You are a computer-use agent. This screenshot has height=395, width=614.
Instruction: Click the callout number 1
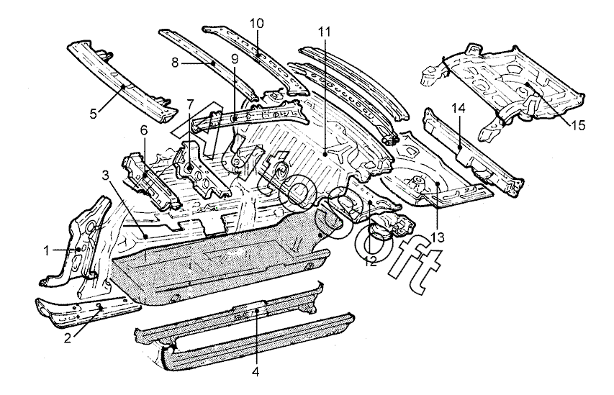click(47, 250)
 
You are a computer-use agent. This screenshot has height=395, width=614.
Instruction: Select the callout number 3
click(105, 176)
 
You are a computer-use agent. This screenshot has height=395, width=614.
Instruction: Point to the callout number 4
click(256, 371)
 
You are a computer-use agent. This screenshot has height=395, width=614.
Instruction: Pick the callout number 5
click(93, 114)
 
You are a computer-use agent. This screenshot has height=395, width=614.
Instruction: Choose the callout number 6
click(144, 130)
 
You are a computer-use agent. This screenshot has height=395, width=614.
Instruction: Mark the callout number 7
click(190, 104)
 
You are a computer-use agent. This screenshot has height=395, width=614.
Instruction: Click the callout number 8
click(175, 63)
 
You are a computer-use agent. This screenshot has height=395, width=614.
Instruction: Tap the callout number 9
click(235, 59)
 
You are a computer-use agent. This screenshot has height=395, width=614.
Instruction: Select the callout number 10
click(256, 24)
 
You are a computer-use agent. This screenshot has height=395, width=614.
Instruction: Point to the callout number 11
click(324, 32)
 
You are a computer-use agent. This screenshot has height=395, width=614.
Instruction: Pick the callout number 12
click(370, 261)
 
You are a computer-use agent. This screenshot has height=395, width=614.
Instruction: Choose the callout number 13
click(438, 237)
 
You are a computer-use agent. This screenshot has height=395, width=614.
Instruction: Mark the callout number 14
click(459, 109)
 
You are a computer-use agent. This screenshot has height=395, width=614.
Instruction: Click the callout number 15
click(578, 126)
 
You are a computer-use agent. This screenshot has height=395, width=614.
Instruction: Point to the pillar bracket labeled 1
click(84, 242)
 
